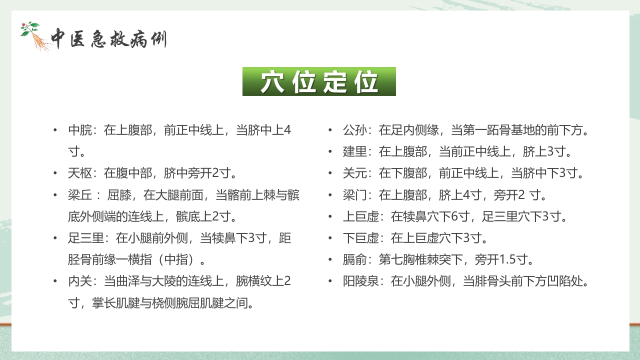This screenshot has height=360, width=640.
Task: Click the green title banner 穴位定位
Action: coord(319,81)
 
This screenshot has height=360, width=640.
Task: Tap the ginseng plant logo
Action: coord(35,36)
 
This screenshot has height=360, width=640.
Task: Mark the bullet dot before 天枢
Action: coord(55,173)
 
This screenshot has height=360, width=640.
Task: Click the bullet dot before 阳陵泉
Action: coord(330,281)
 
